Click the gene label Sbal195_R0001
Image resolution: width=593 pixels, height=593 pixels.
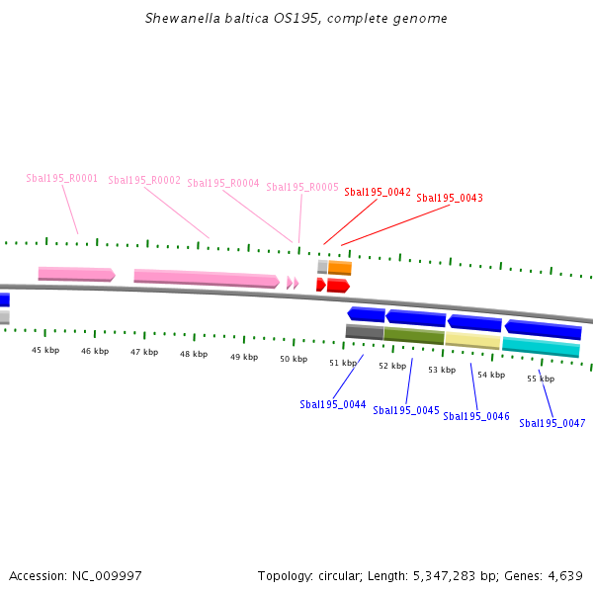pos(61,178)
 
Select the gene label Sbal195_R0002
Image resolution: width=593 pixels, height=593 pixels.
pos(144,180)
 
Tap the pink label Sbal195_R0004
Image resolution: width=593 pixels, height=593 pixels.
pos(223,183)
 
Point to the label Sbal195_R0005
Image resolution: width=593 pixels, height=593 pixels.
pos(302,187)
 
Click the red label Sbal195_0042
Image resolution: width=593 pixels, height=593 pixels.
pos(378,192)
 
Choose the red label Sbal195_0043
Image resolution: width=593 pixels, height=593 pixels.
pos(450,198)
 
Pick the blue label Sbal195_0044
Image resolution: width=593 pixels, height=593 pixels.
pos(333,404)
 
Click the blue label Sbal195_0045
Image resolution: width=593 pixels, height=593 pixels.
pos(406,410)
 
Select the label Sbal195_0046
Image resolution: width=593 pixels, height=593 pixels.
pos(476,416)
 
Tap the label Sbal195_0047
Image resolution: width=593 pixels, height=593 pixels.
pos(552,423)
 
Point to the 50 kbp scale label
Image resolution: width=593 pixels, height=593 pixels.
pos(294,359)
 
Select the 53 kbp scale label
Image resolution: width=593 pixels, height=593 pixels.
pos(442,370)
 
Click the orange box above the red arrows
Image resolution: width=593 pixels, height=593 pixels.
pos(340,267)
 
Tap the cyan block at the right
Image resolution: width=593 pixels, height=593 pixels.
pos(541,347)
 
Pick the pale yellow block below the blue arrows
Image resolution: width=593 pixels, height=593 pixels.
pos(472,340)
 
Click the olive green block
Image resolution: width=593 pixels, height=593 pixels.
pos(414,336)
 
